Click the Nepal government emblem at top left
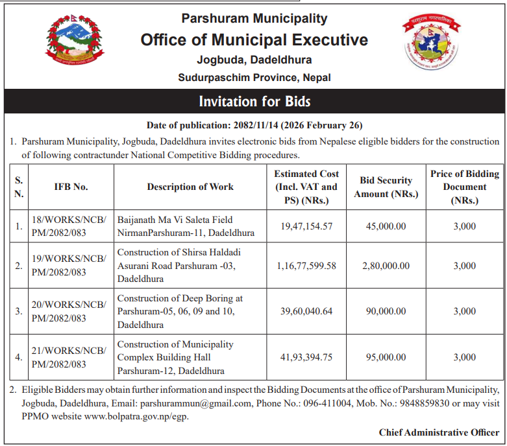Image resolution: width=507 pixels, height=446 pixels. coord(74,43)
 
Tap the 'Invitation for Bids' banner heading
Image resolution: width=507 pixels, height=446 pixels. coord(254,102)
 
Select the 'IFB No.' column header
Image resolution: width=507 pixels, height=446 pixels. coord(71,187)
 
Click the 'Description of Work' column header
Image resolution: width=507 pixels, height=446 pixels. coord(190,187)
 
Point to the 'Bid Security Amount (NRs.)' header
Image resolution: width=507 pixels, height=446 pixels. coord(386,187)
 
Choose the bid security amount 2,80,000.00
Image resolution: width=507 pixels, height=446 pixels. coord(386,266)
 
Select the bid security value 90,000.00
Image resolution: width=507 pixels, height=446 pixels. coord(386,311)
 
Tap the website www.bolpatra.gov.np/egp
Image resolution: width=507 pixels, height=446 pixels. coord(137,416)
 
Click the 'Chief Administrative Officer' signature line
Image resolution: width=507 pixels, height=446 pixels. coord(439,432)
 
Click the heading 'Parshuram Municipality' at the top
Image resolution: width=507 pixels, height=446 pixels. coord(254,19)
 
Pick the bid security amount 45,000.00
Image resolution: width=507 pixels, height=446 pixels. coord(386,226)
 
